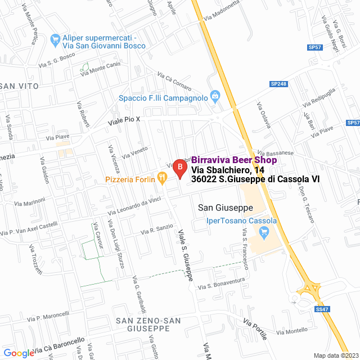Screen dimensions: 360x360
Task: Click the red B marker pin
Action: tap(179, 168)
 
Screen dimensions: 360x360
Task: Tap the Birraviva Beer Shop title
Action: tap(234, 160)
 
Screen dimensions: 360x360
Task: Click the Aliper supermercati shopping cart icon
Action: tap(55, 39)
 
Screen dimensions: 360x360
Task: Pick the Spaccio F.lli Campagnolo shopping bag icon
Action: tap(215, 96)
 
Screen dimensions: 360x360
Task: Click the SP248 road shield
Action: tap(278, 84)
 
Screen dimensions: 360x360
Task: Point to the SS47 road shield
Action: tap(322, 309)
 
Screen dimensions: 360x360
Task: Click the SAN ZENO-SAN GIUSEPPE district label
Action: tap(148, 324)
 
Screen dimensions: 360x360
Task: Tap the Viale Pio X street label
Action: tap(124, 120)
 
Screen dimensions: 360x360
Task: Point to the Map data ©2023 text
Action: tap(336, 355)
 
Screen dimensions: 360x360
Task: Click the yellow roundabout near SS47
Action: tap(308, 289)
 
